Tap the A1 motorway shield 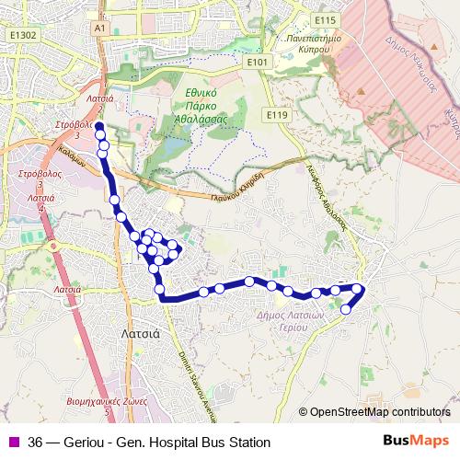point(100,29)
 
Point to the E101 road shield point(259,62)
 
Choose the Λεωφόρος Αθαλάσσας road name point(326,199)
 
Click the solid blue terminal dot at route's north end point(98,126)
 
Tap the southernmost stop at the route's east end point(346,309)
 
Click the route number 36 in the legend point(36,443)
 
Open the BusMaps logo point(416,442)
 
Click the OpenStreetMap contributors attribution point(379,412)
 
